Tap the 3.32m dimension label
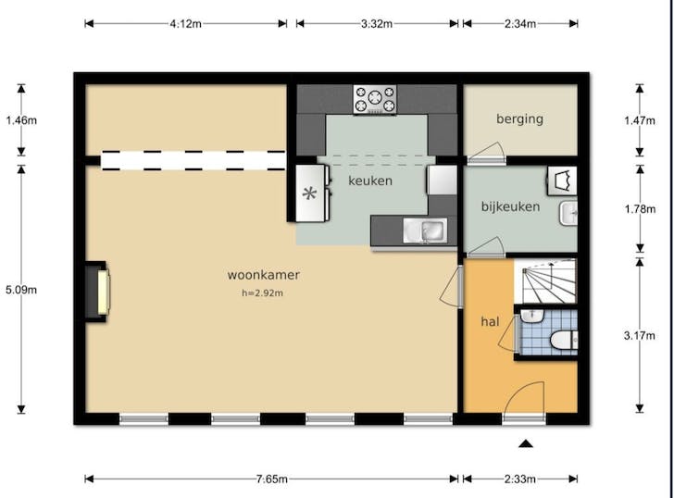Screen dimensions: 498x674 (377, 23)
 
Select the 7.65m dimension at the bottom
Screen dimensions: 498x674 (272, 479)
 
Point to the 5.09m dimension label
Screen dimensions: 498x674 (20, 289)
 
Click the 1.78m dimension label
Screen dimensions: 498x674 (639, 208)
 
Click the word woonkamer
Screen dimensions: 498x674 (263, 275)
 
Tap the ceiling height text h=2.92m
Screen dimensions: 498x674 (263, 294)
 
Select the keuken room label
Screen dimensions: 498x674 (369, 181)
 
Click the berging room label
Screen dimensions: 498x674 (519, 118)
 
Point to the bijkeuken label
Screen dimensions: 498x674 (510, 207)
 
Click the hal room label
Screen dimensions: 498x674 (490, 321)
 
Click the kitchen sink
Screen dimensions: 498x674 (431, 229)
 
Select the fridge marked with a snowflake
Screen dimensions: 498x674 (311, 194)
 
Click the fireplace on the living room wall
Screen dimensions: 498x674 (97, 292)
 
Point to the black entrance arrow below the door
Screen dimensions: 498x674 (526, 444)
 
